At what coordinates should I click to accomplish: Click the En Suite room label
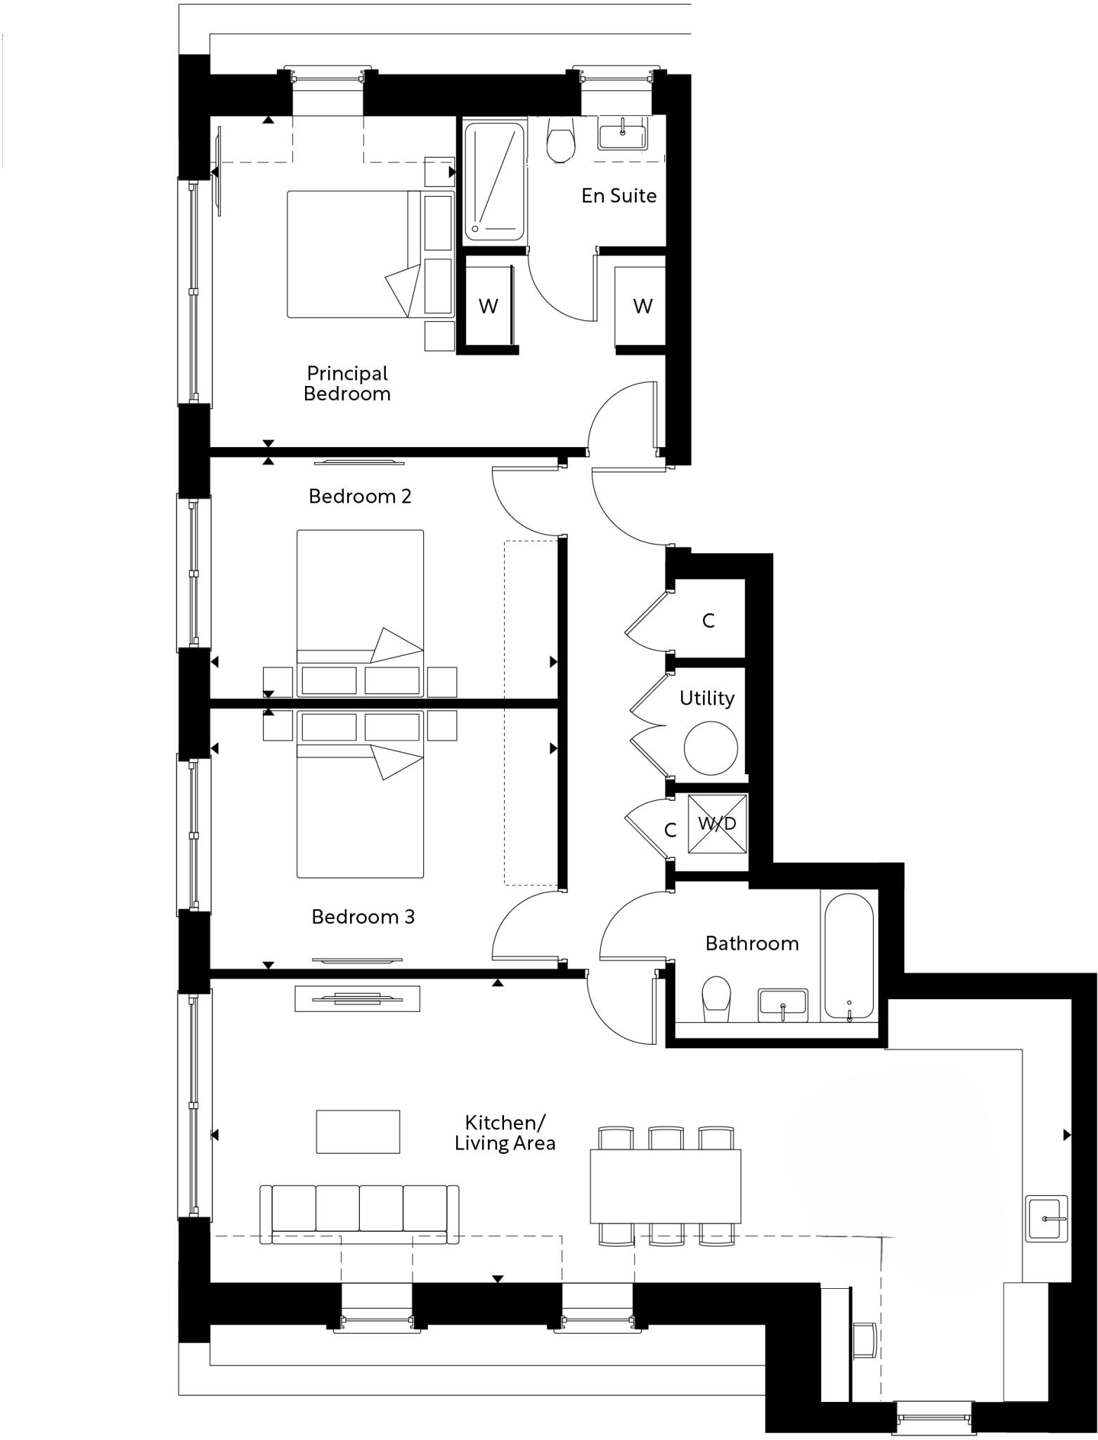[619, 195]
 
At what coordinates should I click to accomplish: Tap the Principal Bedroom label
[347, 383]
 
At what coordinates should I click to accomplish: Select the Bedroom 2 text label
[360, 496]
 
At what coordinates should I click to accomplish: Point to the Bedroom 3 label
[363, 917]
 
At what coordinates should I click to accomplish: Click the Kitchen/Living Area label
[505, 1133]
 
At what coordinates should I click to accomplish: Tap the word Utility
[706, 698]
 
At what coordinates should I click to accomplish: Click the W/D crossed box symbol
[717, 823]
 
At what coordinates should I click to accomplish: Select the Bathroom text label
[751, 944]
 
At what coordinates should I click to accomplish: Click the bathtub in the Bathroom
[848, 956]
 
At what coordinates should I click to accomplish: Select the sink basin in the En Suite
[623, 134]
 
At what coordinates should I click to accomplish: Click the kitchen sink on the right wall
[1047, 1219]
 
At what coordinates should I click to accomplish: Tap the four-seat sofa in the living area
[359, 1214]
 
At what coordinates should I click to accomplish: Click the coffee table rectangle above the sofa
[358, 1132]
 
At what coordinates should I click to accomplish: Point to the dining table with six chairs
[665, 1187]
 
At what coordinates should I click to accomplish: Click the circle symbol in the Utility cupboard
[711, 748]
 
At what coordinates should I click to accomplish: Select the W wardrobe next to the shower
[488, 306]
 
